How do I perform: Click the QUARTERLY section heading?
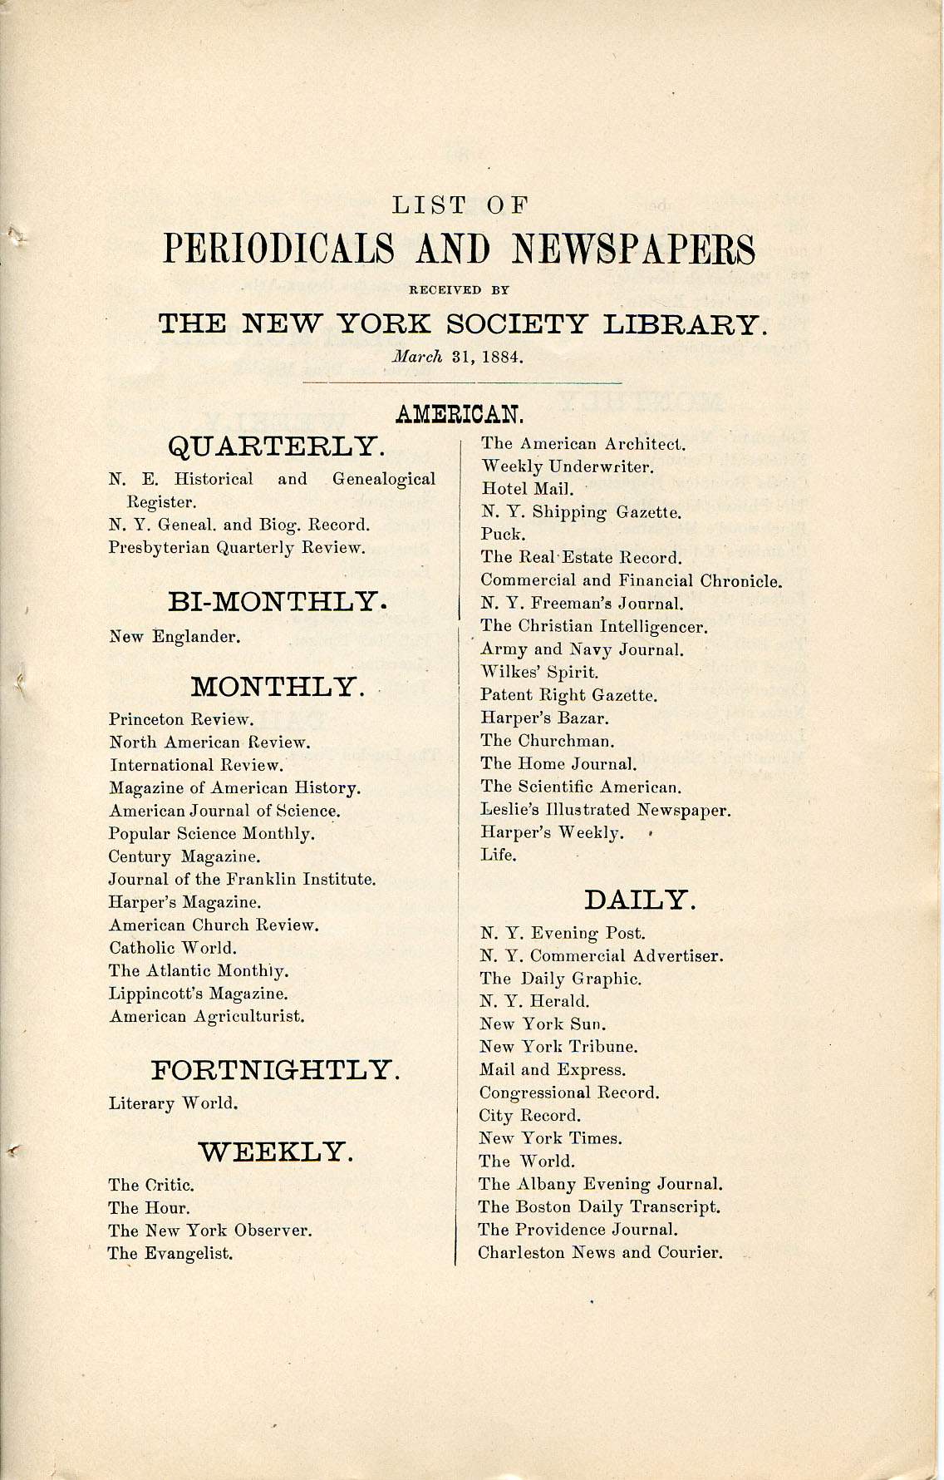276,446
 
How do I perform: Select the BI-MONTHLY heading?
278,600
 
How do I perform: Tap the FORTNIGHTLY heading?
275,1069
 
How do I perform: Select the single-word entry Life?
498,855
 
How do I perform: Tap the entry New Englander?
175,638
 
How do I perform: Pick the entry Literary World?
174,1103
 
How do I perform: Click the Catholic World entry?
173,948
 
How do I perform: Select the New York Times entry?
550,1138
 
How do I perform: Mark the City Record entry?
529,1116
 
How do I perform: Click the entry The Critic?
151,1185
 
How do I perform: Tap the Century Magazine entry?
184,856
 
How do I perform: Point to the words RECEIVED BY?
458,290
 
